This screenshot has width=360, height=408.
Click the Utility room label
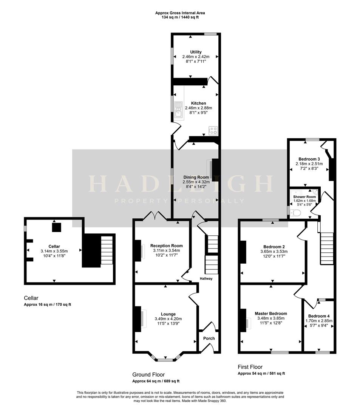[x=196, y=52]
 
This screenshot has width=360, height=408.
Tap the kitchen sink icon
[x=179, y=108]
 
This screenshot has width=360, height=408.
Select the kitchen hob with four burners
[x=213, y=130]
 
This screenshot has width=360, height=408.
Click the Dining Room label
[x=196, y=177]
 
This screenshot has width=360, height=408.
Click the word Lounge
[x=168, y=314]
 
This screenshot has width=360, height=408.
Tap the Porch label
[x=209, y=338]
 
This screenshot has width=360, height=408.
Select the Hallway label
[x=206, y=279]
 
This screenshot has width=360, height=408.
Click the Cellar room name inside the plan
[x=54, y=246]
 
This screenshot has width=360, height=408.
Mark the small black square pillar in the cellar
[x=56, y=227]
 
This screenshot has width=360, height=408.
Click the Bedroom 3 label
[x=309, y=159]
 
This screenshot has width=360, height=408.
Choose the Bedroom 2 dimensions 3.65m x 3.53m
[x=274, y=252]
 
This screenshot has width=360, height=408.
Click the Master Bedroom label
[x=270, y=314]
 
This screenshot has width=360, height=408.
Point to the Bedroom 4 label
[x=318, y=316]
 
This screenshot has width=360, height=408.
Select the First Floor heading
[x=250, y=367]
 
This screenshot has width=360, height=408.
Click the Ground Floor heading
[x=149, y=374]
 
